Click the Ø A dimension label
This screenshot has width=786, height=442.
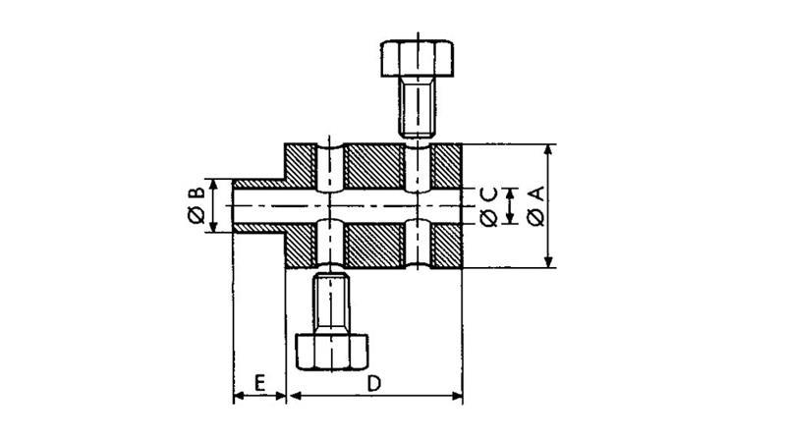pyautogui.click(x=535, y=206)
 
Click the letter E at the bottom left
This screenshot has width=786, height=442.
pyautogui.click(x=259, y=381)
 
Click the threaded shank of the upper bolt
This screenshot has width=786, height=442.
pyautogui.click(x=418, y=106)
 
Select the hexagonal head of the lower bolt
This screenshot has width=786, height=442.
pyautogui.click(x=332, y=350)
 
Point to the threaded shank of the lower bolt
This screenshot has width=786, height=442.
pyautogui.click(x=331, y=304)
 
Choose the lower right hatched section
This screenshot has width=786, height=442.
pyautogui.click(x=447, y=246)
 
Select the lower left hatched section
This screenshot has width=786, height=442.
pyautogui.click(x=300, y=246)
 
